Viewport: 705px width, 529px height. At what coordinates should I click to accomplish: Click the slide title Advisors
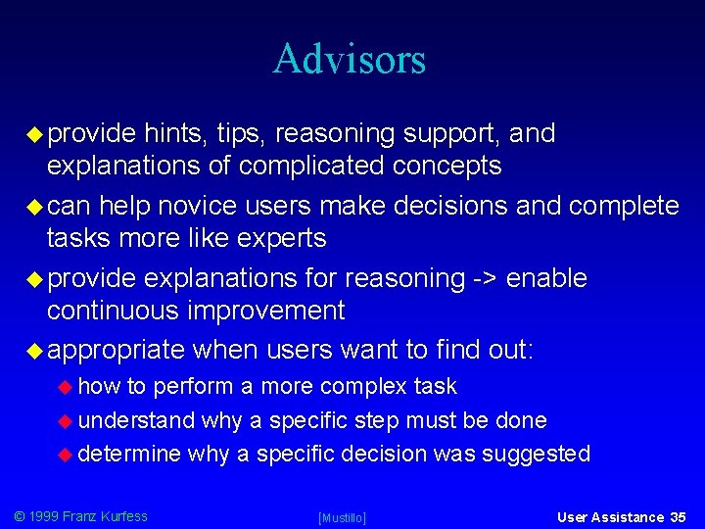click(x=350, y=59)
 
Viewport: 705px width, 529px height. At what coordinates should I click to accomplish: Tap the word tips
click(x=242, y=133)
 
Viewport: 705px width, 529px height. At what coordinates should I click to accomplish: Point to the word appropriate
click(x=116, y=351)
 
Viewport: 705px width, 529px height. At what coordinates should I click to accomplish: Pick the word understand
click(x=136, y=420)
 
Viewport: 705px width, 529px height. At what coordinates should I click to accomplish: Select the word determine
click(x=129, y=454)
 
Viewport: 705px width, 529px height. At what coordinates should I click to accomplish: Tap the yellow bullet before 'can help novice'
click(x=35, y=206)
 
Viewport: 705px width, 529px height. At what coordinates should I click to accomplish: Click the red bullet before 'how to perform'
click(x=67, y=387)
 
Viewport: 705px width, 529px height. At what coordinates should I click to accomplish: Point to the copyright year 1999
click(x=44, y=516)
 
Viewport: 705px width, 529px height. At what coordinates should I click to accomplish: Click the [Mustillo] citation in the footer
click(x=343, y=517)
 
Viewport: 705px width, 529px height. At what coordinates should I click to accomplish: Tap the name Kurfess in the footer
click(x=121, y=516)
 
